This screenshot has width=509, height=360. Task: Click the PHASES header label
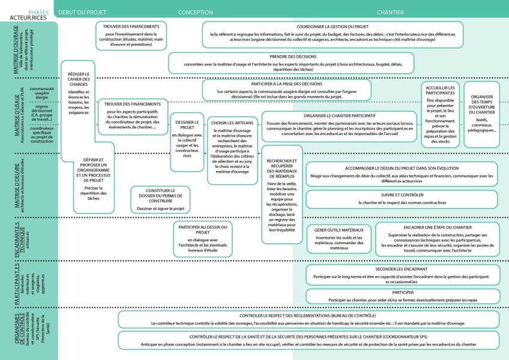[x=38, y=12]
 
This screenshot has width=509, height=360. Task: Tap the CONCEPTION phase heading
[x=196, y=12]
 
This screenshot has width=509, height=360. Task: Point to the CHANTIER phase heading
[x=390, y=12]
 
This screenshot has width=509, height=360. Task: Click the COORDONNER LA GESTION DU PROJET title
[x=333, y=27]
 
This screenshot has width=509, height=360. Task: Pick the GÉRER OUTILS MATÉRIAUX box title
[x=339, y=229]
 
